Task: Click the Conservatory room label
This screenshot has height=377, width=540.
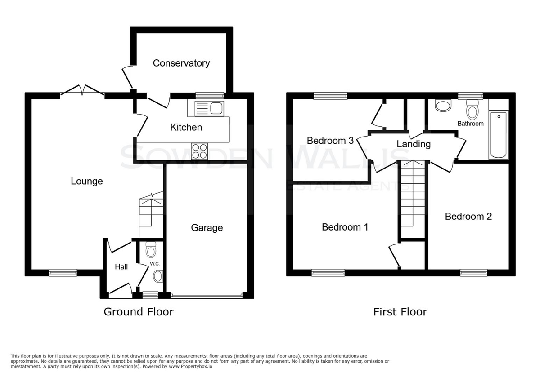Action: (x=181, y=63)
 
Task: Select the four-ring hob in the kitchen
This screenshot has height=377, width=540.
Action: (x=199, y=151)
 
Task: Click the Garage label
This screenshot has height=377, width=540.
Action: (x=207, y=228)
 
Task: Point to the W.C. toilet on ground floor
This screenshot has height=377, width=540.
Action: (x=151, y=250)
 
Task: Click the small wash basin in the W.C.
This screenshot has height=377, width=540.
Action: (x=158, y=276)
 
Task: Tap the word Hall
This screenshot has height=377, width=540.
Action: (x=121, y=267)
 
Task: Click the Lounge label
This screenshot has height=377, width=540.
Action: (x=87, y=181)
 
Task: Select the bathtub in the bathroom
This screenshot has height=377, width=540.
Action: (x=498, y=135)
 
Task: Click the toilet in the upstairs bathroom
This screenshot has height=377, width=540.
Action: (x=472, y=110)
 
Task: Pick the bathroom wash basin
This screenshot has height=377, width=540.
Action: (x=443, y=106)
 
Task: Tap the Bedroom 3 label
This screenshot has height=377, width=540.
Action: (x=330, y=141)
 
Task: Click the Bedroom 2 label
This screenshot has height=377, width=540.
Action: (x=468, y=217)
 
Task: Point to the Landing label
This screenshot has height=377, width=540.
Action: (x=414, y=144)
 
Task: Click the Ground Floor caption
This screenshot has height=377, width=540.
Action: (x=139, y=312)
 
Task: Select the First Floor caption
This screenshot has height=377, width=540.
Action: (x=400, y=312)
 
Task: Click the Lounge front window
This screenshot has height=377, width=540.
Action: (x=63, y=273)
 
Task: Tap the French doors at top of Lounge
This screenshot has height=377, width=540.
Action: (x=82, y=91)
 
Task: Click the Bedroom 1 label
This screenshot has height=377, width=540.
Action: (x=345, y=227)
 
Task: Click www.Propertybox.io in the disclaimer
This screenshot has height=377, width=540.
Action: (x=190, y=367)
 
